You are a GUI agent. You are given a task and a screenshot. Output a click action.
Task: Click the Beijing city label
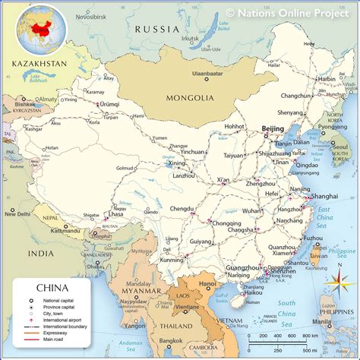click(273, 129)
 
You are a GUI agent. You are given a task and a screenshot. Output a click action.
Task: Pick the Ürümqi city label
click(110, 103)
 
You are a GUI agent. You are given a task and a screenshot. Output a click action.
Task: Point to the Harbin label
click(326, 78)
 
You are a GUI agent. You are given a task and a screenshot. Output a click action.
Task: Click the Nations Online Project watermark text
click(292, 12)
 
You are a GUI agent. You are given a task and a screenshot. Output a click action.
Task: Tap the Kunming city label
click(172, 259)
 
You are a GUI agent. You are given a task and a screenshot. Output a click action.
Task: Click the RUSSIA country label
click(155, 29)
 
